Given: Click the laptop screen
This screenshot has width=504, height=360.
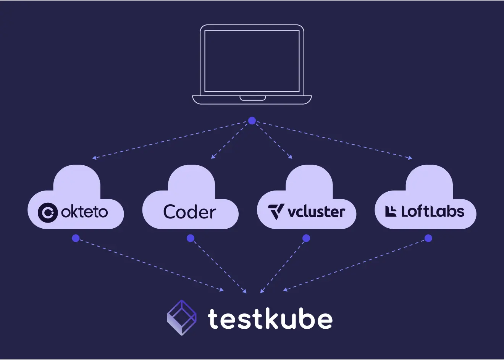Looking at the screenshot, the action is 252,61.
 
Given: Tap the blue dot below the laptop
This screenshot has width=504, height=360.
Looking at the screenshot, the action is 252,121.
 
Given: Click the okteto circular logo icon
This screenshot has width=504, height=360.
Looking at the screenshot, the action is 48,212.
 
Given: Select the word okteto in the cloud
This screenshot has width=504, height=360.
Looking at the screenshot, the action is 84,212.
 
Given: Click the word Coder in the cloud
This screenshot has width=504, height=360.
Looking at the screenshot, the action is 190,212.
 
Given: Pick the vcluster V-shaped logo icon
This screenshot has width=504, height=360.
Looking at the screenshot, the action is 276,211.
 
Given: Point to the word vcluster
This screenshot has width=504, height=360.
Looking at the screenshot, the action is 316,211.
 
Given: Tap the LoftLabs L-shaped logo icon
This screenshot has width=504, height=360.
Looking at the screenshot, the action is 391,211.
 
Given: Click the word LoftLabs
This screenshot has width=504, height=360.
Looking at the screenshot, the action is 433,211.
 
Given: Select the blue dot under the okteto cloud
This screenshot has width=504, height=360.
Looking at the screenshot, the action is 76,238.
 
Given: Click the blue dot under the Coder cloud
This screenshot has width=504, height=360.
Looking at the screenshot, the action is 191,238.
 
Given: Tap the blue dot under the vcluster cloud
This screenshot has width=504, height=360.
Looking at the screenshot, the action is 306,238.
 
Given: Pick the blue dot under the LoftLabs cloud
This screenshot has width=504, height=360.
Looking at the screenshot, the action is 428,238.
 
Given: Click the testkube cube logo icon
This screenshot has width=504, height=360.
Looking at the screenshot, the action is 182,318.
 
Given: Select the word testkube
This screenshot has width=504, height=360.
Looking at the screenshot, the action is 270,319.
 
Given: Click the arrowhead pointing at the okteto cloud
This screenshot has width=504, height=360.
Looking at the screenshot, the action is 94,158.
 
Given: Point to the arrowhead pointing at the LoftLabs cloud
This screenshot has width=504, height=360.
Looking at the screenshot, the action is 410,158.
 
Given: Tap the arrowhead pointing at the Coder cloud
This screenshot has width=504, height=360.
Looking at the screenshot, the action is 213,157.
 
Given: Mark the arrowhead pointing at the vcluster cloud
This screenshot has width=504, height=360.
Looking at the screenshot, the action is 291,157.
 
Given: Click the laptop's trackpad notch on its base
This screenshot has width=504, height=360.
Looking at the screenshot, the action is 252,98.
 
